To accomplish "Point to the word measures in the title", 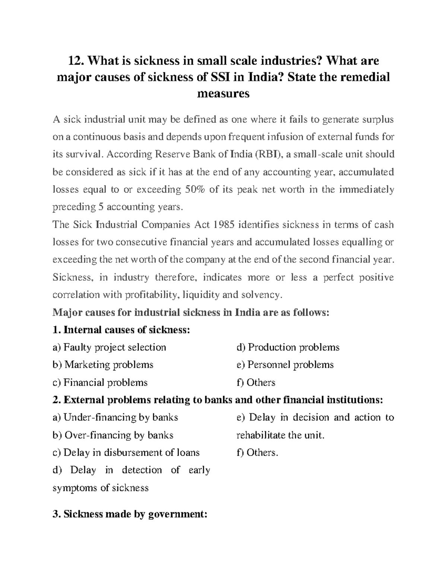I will coord(223,94).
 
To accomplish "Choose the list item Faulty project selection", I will coord(110,347).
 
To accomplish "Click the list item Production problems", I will coord(288,347).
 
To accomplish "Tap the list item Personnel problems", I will coord(285,365).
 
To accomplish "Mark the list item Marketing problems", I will coord(103,365).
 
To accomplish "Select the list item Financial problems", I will coord(100,383).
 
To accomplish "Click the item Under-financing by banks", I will coord(115,417).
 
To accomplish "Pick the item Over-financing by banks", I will coord(113,435).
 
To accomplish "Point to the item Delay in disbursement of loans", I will coord(126,453).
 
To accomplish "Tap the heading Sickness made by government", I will coord(130,515).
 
